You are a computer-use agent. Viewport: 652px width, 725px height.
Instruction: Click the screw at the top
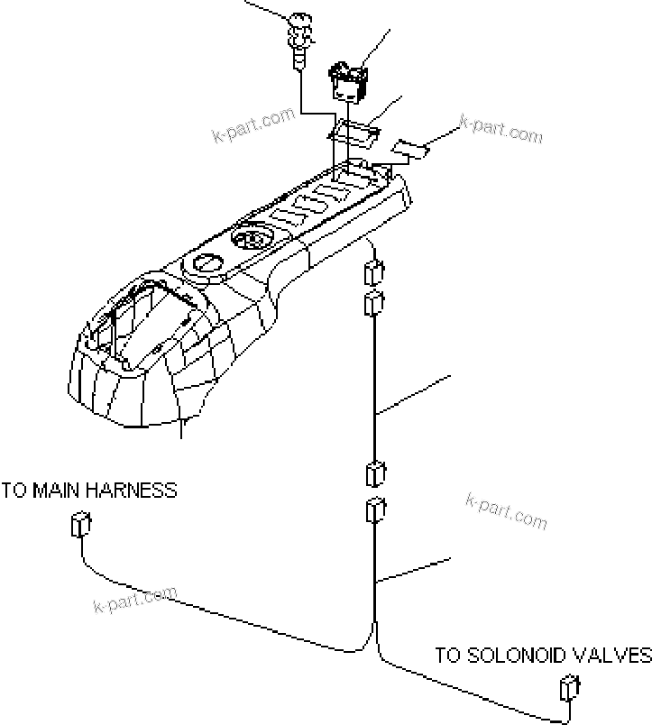click(300, 41)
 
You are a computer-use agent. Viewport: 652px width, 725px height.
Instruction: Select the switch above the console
click(349, 80)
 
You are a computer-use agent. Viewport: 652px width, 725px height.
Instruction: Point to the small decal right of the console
click(410, 150)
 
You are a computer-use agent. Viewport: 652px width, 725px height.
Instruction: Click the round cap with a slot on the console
click(208, 263)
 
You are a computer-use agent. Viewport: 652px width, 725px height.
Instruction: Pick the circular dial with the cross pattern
click(253, 240)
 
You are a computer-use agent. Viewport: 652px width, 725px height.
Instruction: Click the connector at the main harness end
click(80, 524)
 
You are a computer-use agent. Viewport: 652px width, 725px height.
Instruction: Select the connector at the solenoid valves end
click(569, 688)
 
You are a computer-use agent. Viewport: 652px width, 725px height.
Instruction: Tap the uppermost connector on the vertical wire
click(374, 273)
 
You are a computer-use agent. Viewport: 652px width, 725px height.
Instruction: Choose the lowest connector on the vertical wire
click(375, 510)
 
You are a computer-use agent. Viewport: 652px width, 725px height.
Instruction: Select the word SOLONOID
click(515, 656)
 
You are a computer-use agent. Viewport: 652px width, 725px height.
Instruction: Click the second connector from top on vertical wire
click(374, 303)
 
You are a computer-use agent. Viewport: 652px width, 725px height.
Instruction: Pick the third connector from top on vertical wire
click(375, 474)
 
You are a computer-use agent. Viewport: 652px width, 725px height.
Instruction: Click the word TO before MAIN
click(14, 491)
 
